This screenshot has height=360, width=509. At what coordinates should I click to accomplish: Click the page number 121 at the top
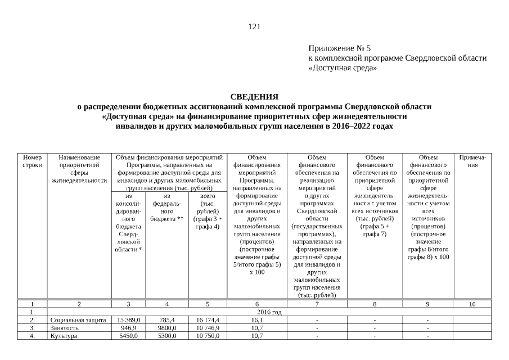tap(254, 26)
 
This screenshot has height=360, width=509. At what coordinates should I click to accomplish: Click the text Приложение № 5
tap(340, 49)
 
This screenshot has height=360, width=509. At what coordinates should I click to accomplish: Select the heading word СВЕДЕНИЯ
tap(254, 97)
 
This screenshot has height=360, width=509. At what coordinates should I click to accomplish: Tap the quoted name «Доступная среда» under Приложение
tap(343, 67)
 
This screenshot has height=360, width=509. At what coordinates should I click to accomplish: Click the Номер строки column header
tap(32, 162)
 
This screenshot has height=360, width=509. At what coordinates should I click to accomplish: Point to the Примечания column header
tap(472, 162)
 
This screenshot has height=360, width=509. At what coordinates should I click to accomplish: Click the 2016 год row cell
tap(269, 312)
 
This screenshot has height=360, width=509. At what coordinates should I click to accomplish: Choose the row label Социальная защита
tap(78, 319)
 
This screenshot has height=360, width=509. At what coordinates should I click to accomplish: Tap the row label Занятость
tap(64, 327)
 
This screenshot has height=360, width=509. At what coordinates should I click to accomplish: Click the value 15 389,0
tap(128, 319)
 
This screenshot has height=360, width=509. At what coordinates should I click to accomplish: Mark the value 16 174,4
tap(207, 319)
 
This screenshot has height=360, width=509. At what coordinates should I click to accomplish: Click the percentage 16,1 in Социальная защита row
tap(256, 319)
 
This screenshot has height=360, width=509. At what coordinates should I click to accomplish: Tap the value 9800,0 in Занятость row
tap(167, 327)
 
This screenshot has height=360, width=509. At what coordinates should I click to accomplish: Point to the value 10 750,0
tap(207, 336)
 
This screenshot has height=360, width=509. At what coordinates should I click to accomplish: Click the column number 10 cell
tap(472, 304)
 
